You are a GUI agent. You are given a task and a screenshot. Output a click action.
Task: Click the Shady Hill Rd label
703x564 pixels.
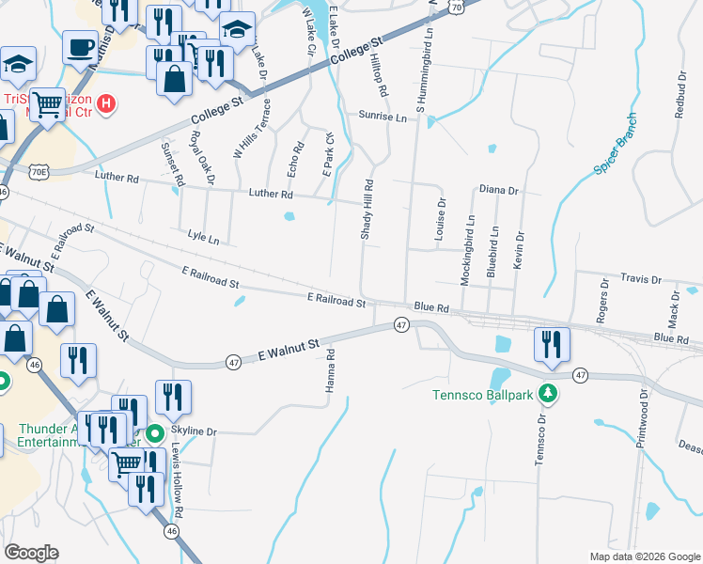(369, 210)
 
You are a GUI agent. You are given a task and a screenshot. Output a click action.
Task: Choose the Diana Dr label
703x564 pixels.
(498, 190)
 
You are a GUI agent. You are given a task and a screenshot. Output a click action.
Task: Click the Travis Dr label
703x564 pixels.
(643, 279)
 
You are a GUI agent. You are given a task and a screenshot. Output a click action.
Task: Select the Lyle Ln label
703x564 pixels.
(203, 238)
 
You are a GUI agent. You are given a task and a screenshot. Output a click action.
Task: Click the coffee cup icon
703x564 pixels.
(81, 45)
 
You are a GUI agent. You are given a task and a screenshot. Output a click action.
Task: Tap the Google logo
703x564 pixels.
(31, 553)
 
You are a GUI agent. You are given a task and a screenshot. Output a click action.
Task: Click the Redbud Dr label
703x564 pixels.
(680, 94)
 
